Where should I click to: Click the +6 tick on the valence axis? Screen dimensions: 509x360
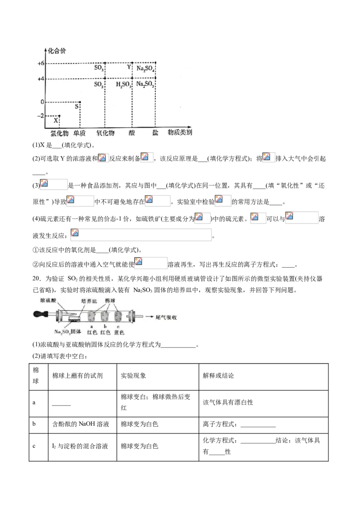point(40,63)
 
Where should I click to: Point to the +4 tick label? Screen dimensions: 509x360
point(40,79)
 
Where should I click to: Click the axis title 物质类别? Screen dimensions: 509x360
point(180,133)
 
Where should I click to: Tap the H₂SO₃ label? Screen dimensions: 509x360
point(123,84)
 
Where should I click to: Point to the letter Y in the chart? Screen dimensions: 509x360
point(129,67)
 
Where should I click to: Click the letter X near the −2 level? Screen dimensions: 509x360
point(56,121)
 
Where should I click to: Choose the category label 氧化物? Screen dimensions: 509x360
point(105,134)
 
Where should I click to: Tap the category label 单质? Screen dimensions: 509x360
point(80,134)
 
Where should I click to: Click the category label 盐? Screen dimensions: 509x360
point(155,134)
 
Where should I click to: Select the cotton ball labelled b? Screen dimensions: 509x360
point(106,316)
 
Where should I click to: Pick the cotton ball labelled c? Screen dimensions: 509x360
point(119,316)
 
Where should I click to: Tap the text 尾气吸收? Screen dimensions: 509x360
point(167,317)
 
